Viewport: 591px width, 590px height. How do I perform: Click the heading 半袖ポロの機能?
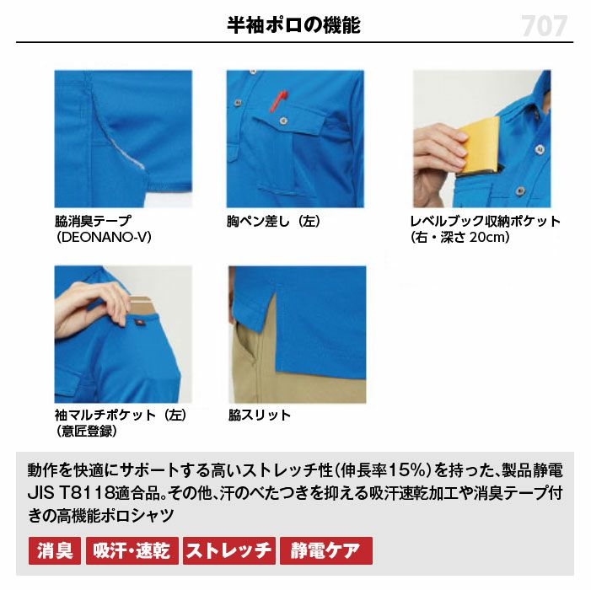293,25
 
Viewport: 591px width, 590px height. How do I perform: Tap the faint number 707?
545,26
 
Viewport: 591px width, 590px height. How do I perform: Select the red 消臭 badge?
55,551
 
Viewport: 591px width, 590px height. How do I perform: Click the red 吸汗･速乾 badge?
132,551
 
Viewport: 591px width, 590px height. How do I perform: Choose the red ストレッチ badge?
229,551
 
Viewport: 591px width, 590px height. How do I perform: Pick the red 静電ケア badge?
326,551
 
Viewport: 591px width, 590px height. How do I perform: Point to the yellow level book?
480,146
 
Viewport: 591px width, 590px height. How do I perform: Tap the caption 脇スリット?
260,416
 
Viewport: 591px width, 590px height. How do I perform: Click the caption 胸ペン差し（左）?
274,221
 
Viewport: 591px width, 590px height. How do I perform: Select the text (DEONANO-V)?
104,237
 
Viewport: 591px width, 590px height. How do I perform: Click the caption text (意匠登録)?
86,431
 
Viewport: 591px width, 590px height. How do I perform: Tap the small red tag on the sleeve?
139,323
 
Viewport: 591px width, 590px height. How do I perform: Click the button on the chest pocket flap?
283,121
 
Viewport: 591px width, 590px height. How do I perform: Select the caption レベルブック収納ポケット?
486,221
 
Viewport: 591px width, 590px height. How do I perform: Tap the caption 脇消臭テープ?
93,221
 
